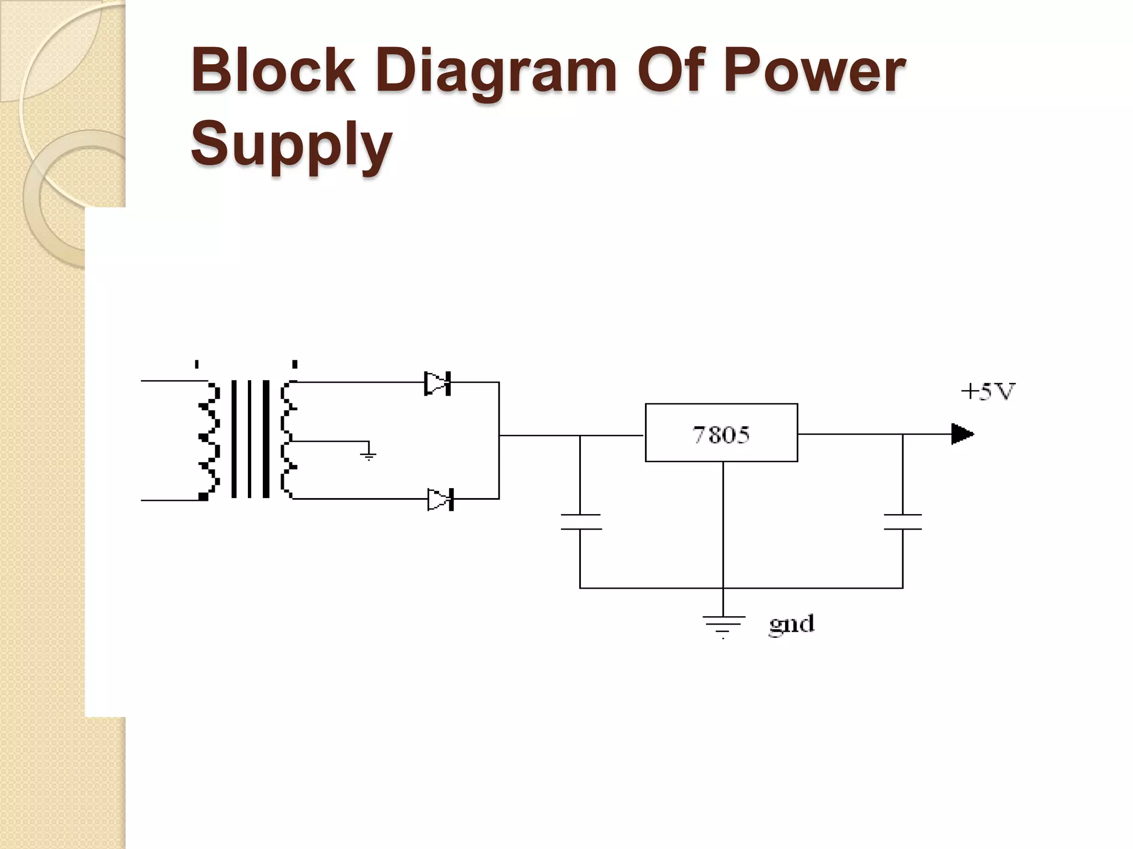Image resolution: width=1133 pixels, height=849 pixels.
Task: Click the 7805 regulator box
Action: pos(721,433)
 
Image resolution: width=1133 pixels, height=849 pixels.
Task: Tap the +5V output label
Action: pos(988,392)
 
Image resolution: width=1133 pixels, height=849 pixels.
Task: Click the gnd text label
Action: pos(791,625)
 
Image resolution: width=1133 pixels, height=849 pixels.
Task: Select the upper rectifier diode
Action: pos(438,383)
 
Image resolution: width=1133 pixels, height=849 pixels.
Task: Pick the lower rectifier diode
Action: pos(440,500)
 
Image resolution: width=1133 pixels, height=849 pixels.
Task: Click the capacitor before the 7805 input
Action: pos(580,522)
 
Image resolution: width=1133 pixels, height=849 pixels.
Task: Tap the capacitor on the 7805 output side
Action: pos(902,522)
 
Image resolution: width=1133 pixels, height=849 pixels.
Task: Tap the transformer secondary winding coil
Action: pos(288,439)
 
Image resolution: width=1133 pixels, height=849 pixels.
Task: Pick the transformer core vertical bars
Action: pos(250,439)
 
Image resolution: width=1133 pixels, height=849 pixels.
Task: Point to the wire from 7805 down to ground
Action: pos(723,525)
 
